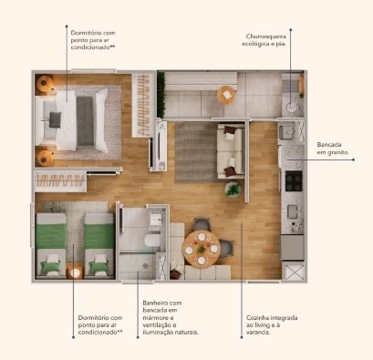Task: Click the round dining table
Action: (x=202, y=245)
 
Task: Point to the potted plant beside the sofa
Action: (x=233, y=190)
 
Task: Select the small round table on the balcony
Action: (x=225, y=94)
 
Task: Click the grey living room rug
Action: (x=192, y=151)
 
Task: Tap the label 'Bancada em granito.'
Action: (x=334, y=148)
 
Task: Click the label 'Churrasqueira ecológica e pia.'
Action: (x=267, y=40)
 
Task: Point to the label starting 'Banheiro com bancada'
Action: (x=170, y=317)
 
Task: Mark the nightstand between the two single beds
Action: (x=75, y=270)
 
